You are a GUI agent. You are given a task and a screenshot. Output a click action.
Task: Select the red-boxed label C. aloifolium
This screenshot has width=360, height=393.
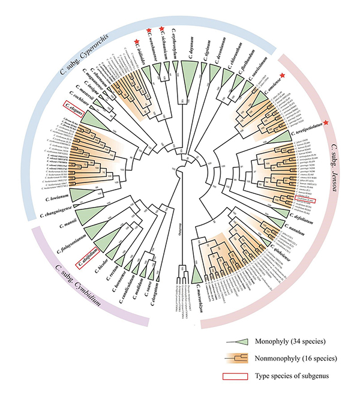point(86,263)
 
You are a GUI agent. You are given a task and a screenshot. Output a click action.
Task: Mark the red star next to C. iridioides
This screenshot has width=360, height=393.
point(137,41)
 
